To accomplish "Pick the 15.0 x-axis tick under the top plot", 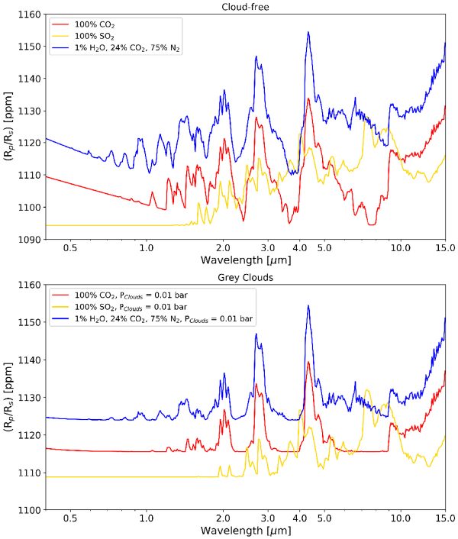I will [445, 249].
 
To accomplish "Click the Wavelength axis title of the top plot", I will [245, 260].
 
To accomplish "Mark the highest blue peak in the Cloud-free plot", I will [308, 32].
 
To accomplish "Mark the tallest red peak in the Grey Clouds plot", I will [308, 363].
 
